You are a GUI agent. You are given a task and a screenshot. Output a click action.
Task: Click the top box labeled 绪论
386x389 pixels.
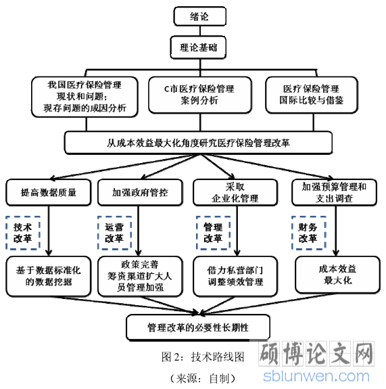pyautogui.click(x=200, y=16)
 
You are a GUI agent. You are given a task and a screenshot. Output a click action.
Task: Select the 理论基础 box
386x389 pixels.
pyautogui.click(x=198, y=47)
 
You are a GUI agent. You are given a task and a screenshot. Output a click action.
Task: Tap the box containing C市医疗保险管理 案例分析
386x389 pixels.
pyautogui.click(x=200, y=95)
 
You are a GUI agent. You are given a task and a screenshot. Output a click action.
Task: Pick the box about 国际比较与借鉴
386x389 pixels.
pyautogui.click(x=312, y=95)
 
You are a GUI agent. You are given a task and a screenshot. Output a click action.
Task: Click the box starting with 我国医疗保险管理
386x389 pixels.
pyautogui.click(x=85, y=97)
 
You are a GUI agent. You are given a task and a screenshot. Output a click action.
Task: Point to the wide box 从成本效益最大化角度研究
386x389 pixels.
pyautogui.click(x=198, y=143)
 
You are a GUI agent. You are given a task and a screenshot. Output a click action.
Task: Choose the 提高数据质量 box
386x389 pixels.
pyautogui.click(x=49, y=192)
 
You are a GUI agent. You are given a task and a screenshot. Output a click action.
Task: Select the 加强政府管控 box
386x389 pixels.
pyautogui.click(x=141, y=192)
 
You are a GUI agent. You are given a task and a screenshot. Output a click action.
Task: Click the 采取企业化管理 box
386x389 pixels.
pyautogui.click(x=235, y=192)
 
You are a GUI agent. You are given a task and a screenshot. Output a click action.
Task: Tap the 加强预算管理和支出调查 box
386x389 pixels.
pyautogui.click(x=334, y=192)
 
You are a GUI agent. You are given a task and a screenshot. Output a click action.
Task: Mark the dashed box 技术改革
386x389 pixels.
pyautogui.click(x=23, y=233)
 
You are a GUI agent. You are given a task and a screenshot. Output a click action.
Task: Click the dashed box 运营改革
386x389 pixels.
pyautogui.click(x=114, y=233)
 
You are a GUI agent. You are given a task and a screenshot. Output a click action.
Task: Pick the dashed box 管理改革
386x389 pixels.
pyautogui.click(x=213, y=233)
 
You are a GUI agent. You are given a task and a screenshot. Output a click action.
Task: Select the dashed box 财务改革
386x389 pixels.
pyautogui.click(x=308, y=233)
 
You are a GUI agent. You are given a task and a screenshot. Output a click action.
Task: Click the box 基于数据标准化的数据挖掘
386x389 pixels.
pyautogui.click(x=49, y=276)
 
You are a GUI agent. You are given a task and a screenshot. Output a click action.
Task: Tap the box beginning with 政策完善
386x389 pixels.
pyautogui.click(x=141, y=276)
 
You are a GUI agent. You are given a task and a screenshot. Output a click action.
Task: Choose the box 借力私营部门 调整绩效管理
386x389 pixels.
pyautogui.click(x=235, y=276)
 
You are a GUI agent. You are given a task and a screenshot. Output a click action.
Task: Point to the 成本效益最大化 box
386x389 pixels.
pyautogui.click(x=337, y=275)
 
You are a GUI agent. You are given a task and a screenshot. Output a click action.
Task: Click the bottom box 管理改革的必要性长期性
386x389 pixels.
pyautogui.click(x=198, y=327)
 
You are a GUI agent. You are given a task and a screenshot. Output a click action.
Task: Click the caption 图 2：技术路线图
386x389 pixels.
pyautogui.click(x=203, y=357)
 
